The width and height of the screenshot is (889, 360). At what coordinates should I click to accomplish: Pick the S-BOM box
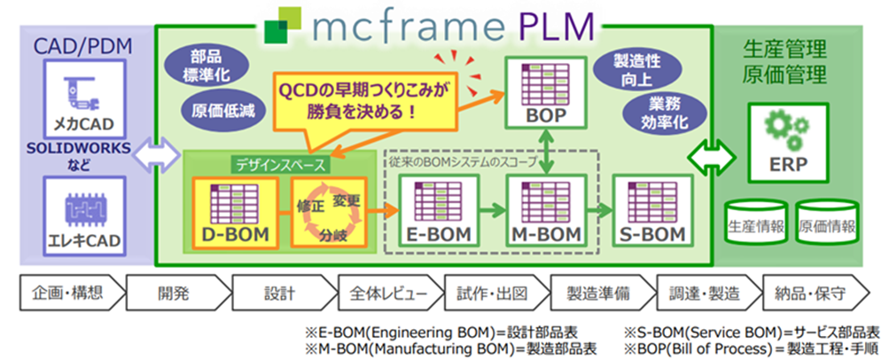tap(651, 212)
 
